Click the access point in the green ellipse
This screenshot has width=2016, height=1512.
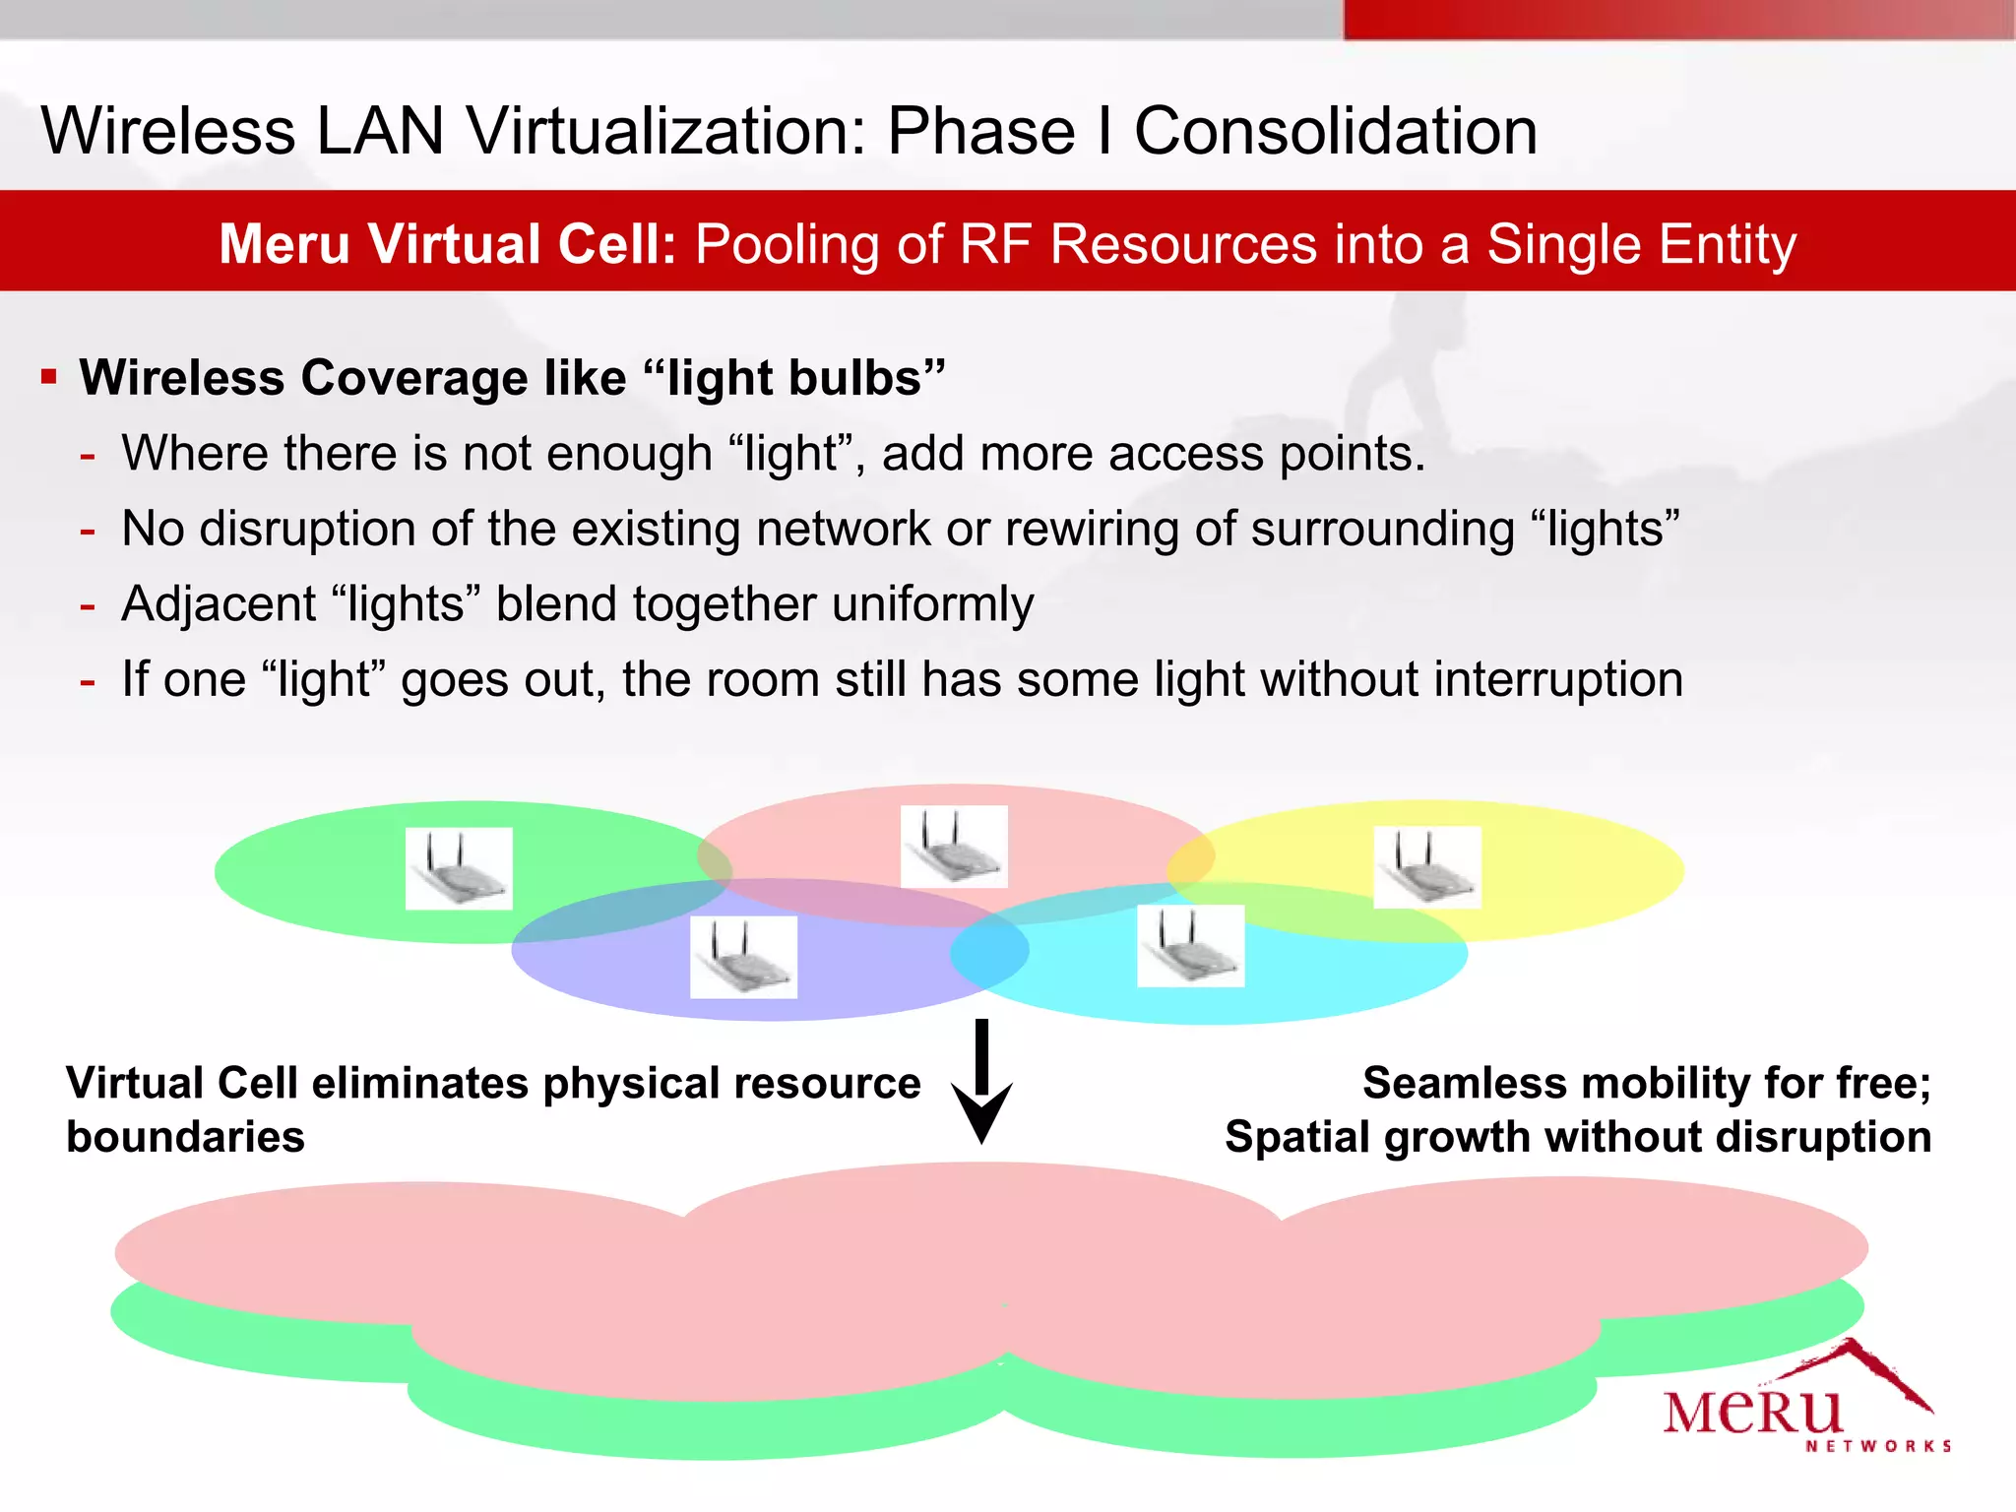pos(459,868)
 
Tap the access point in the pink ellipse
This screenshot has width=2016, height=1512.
pos(954,847)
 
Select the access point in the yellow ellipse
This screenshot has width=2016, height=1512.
pos(1427,866)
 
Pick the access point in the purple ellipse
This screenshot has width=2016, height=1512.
pos(743,957)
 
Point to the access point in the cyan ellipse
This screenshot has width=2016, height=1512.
pos(1190,946)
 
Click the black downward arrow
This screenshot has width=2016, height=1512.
pos(981,1083)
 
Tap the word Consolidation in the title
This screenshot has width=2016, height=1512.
pos(1335,131)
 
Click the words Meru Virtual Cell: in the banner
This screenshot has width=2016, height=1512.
pos(448,243)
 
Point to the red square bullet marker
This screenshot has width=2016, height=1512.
pos(49,376)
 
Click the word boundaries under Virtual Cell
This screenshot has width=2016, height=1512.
pos(185,1137)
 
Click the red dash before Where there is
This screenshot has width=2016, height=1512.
pos(88,455)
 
